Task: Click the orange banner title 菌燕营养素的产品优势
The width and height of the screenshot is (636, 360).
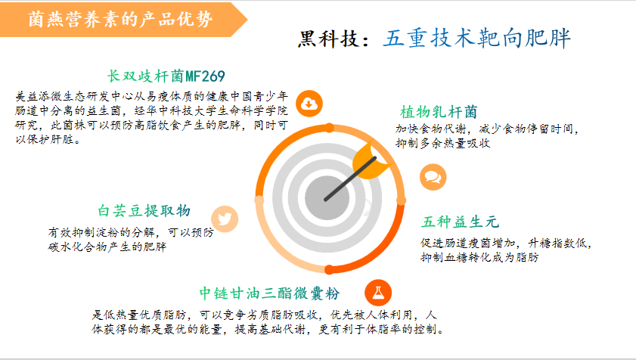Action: click(x=120, y=19)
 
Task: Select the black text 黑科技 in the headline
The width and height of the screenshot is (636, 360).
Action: click(x=328, y=39)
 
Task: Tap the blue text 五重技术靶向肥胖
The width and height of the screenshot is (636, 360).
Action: click(x=476, y=39)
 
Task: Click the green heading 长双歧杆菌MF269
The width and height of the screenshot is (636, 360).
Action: click(x=166, y=76)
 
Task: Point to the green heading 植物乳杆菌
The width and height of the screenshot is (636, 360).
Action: click(x=439, y=112)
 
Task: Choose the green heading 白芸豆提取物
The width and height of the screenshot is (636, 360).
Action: click(x=144, y=211)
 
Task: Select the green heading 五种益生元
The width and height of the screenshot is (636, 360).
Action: click(x=460, y=222)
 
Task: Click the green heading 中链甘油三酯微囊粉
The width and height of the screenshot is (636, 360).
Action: click(x=269, y=293)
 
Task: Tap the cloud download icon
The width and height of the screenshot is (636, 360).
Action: click(x=309, y=104)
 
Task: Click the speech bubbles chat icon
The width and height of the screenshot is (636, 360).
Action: click(x=433, y=177)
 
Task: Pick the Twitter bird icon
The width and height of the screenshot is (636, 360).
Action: click(x=225, y=219)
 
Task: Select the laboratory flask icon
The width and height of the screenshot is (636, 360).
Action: click(x=378, y=293)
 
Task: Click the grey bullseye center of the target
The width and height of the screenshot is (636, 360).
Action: click(x=327, y=198)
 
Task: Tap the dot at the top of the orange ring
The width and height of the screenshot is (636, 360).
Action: click(x=330, y=128)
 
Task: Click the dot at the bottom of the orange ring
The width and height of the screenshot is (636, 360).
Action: click(x=330, y=269)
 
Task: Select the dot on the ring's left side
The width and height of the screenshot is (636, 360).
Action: click(x=259, y=200)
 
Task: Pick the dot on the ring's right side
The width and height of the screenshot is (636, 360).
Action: click(x=401, y=200)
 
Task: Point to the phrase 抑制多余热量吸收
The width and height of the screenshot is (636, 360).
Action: click(x=443, y=143)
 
